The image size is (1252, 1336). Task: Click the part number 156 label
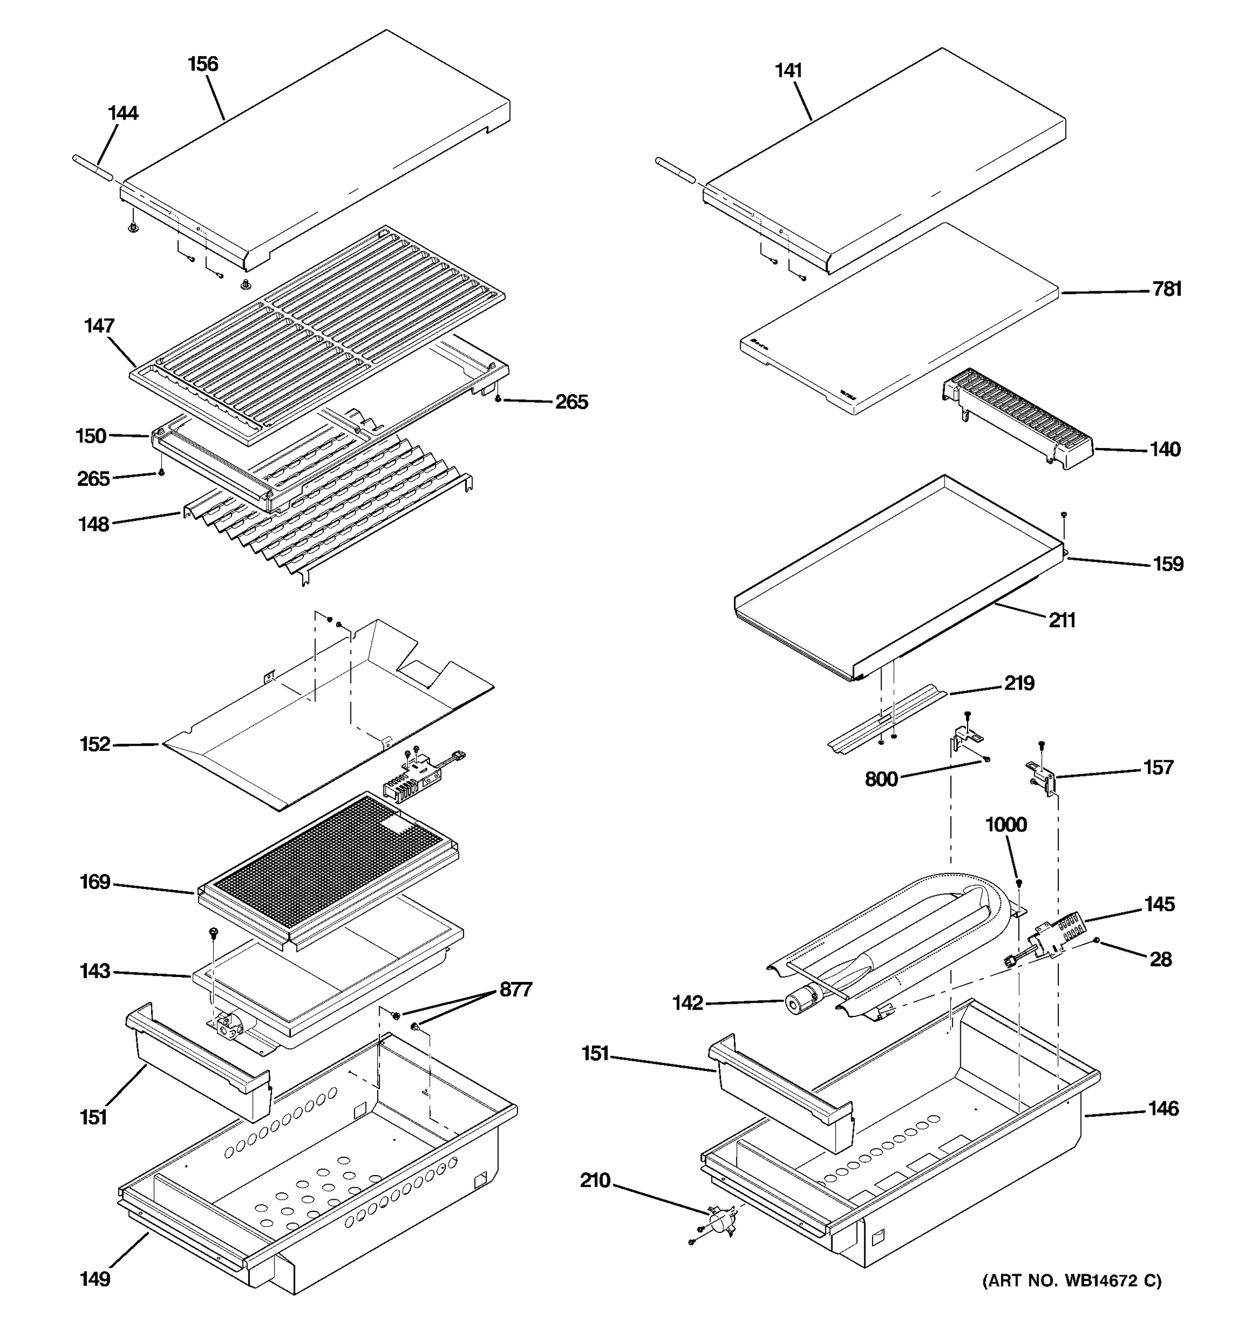pos(203,64)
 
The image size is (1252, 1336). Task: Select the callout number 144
pos(123,113)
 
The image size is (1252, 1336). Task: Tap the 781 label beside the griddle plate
pos(1167,289)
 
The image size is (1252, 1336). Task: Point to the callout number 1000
pos(1005,824)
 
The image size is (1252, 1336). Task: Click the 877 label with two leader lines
pos(515,990)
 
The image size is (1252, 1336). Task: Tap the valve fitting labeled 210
pos(718,1218)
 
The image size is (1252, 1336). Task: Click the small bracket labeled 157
pos(1041,778)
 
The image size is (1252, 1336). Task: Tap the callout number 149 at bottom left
pos(95,1278)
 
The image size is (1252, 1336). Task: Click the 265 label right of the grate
pos(571,402)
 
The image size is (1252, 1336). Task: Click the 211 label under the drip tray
pos(1062,620)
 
